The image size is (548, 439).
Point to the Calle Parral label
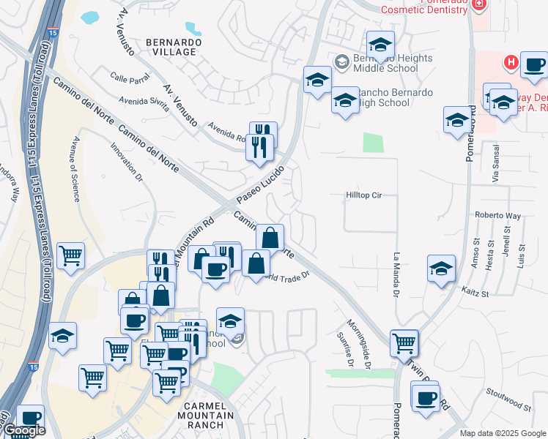tap(128, 78)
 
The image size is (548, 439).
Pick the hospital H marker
tap(511, 63)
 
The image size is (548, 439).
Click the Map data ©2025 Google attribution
tap(502, 433)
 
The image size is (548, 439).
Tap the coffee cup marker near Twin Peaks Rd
tap(425, 399)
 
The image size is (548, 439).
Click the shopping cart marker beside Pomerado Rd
tap(404, 342)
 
